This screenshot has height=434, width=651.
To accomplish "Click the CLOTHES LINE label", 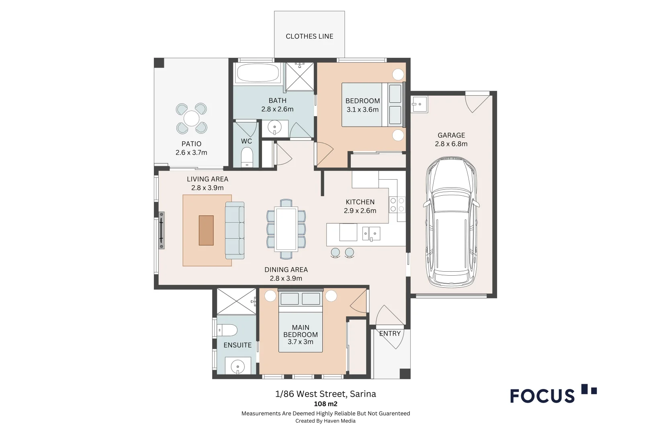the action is [x=309, y=36].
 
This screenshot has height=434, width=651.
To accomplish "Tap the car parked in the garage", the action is [x=451, y=222].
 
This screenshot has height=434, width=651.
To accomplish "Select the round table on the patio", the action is [x=192, y=119].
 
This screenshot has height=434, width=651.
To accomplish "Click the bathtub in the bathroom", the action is [x=258, y=73].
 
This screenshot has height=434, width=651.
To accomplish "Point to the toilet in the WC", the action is [x=247, y=157].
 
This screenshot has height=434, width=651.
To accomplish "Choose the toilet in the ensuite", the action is [x=227, y=330].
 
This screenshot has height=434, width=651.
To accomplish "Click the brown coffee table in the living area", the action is [x=206, y=230].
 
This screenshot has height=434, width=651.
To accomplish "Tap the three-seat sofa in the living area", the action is [x=235, y=230].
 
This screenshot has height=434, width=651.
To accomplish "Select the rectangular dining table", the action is [x=286, y=229].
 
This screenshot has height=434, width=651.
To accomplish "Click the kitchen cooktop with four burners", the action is [x=397, y=205].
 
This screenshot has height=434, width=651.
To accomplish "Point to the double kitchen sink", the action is [x=371, y=233].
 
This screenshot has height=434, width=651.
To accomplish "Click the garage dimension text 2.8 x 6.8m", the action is [x=451, y=144].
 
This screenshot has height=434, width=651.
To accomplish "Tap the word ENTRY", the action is [x=390, y=334].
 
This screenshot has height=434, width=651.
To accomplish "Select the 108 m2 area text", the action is [x=325, y=404].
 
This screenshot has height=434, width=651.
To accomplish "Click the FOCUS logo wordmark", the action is [x=542, y=396].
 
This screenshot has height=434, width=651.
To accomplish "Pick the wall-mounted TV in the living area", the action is [x=162, y=230].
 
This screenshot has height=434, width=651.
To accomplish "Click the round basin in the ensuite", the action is [x=238, y=366].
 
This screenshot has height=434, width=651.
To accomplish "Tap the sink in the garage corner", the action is [x=419, y=104].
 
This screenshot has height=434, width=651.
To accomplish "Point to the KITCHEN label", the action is [x=360, y=202].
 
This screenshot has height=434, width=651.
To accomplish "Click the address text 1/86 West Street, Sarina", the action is [x=325, y=394].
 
